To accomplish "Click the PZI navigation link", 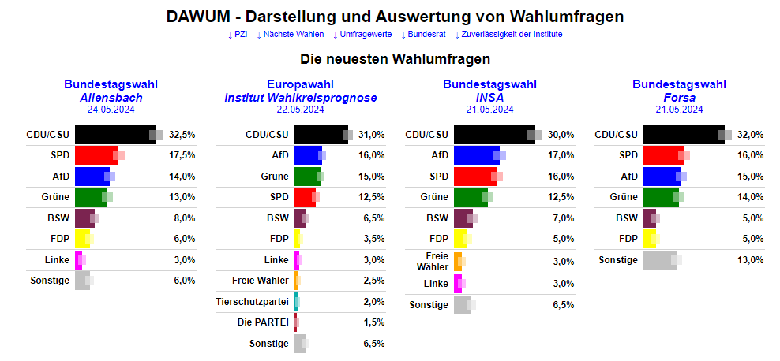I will pyautogui.click(x=237, y=35).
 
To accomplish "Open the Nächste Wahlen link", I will pyautogui.click(x=289, y=35).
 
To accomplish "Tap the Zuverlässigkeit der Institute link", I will pyautogui.click(x=508, y=35).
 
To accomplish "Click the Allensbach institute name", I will pyautogui.click(x=111, y=97).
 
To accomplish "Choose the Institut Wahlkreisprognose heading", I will pyautogui.click(x=300, y=97).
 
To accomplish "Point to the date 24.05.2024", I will pyautogui.click(x=111, y=110).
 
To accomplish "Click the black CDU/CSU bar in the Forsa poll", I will pyautogui.click(x=684, y=134).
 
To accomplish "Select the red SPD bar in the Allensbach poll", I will pyautogui.click(x=96, y=155).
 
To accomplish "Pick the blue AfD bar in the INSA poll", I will pyautogui.click(x=476, y=155).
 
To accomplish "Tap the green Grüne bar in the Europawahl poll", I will pyautogui.click(x=306, y=176).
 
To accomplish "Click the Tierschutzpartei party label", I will pyautogui.click(x=253, y=301).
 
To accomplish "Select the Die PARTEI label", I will pyautogui.click(x=263, y=322).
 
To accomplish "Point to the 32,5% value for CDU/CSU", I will pyautogui.click(x=182, y=135).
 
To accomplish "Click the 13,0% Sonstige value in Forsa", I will pyautogui.click(x=750, y=260).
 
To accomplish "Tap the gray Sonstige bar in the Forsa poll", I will pyautogui.click(x=659, y=260).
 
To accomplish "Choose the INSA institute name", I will pyautogui.click(x=489, y=97).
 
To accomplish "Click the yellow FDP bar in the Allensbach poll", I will pyautogui.click(x=82, y=239).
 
